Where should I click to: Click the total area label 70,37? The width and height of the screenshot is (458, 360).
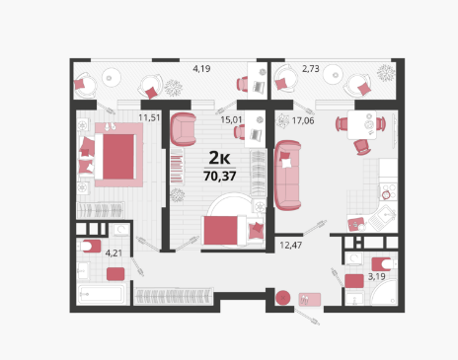(x=220, y=177)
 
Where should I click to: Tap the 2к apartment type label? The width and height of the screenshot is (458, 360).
(x=219, y=158)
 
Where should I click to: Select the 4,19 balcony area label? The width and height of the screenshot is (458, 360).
(x=201, y=69)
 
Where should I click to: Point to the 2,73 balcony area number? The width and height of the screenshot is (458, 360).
(x=311, y=69)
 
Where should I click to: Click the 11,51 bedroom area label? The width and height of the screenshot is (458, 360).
(x=149, y=117)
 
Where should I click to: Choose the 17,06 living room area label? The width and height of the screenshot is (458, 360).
(x=303, y=120)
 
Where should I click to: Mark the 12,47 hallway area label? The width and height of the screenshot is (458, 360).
(x=291, y=245)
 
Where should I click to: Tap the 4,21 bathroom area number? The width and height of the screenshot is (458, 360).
(x=114, y=253)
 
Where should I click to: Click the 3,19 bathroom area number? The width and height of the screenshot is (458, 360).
(x=376, y=276)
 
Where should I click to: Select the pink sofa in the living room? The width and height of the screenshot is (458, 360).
(x=287, y=176)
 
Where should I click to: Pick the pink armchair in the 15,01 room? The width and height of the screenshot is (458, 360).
(x=183, y=129)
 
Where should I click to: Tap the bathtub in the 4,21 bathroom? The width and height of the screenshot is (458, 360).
(x=102, y=294)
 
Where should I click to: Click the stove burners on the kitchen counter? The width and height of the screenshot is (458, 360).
(x=388, y=191)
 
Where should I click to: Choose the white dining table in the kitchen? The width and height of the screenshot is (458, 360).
(x=362, y=125)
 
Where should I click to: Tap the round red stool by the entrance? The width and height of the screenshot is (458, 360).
(x=283, y=298)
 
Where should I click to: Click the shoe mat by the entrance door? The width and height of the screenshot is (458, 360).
(x=310, y=300)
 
